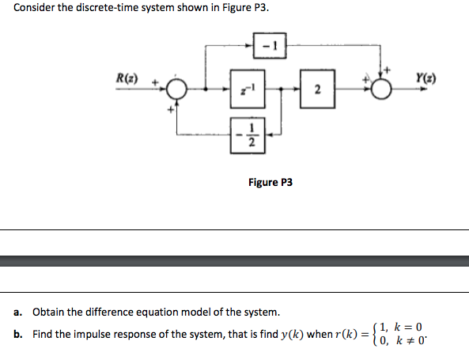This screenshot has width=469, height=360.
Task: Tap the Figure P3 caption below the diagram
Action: pos(270,182)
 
